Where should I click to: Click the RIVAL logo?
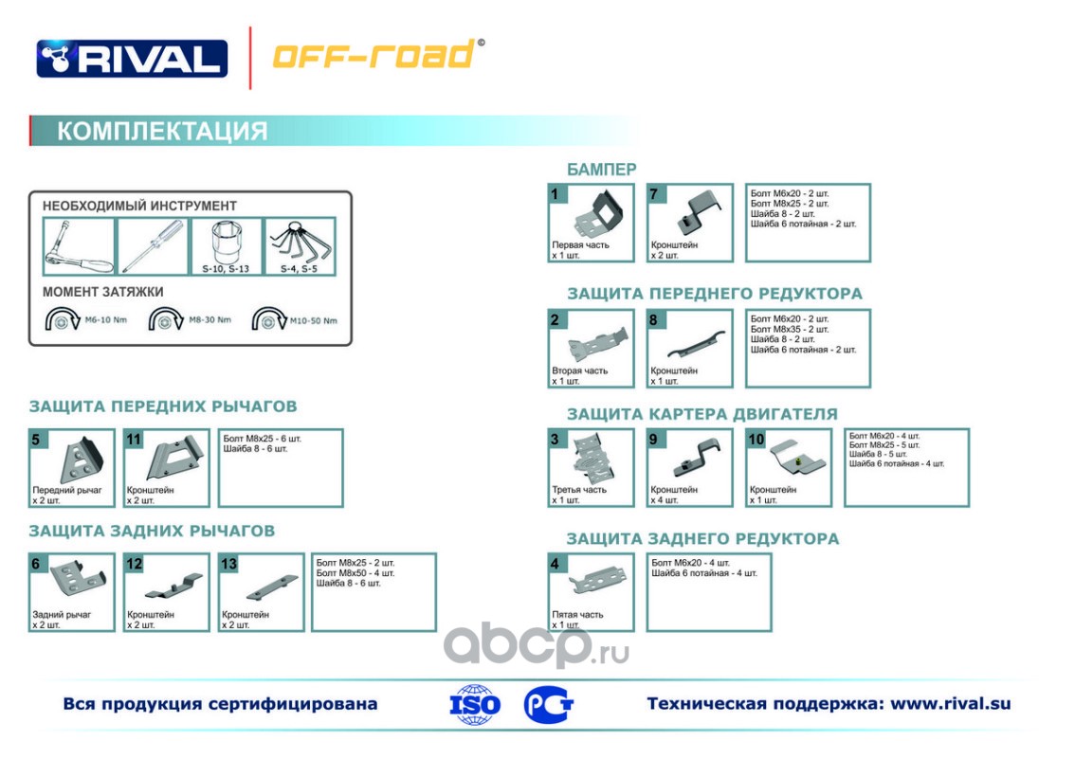(132, 58)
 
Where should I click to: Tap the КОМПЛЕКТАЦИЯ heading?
(162, 131)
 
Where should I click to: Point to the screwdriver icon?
(152, 244)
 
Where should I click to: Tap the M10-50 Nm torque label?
(313, 320)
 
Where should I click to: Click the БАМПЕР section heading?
(602, 170)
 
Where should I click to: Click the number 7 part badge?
(656, 194)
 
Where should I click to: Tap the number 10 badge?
(756, 439)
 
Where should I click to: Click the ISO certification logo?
(475, 705)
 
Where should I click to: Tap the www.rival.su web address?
(951, 704)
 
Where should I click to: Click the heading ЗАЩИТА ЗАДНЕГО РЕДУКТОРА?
(702, 539)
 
